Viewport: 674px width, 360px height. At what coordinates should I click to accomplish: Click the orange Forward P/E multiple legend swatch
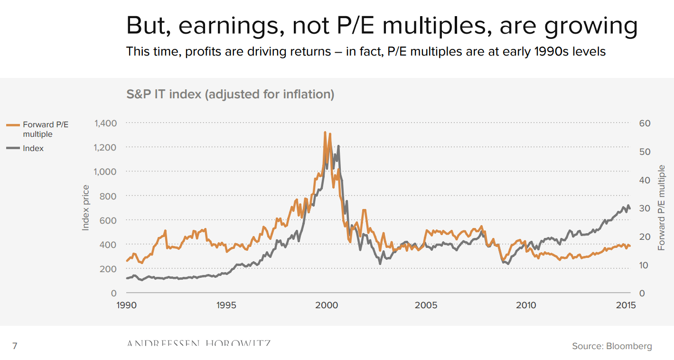pos(13,125)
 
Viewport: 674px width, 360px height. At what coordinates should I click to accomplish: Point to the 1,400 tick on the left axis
pos(105,123)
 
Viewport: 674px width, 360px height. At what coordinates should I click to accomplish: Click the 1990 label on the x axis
pos(127,305)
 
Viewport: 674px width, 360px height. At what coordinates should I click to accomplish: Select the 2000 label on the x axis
pos(327,305)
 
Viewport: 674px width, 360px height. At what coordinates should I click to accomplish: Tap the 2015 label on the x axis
pos(626,305)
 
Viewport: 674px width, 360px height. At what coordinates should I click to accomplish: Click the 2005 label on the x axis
pos(426,305)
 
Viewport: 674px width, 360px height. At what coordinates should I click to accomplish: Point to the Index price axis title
pos(86,208)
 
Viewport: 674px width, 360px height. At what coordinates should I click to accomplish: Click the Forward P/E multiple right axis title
pos(661,208)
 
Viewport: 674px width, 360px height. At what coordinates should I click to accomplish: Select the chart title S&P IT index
pos(230,94)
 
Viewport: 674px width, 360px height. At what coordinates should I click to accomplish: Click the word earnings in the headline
pos(232,27)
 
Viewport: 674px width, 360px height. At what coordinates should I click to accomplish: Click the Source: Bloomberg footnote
pos(612,346)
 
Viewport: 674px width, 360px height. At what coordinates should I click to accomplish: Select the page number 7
pos(15,346)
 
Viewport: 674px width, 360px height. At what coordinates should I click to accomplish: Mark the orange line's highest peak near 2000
pos(325,133)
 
